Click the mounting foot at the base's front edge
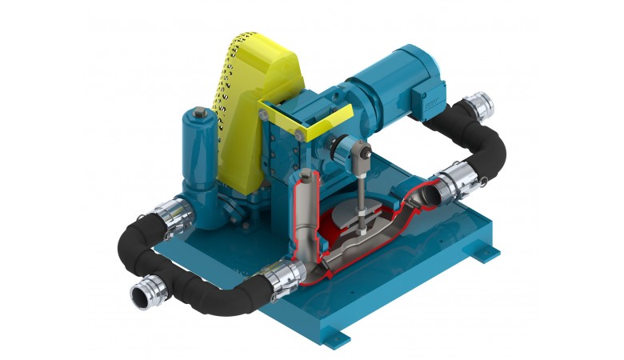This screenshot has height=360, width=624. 346,330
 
